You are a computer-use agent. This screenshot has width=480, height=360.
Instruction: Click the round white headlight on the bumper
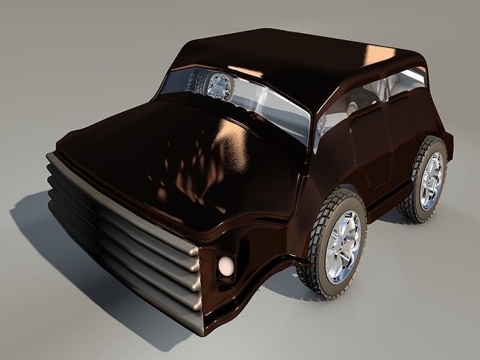click(x=226, y=268)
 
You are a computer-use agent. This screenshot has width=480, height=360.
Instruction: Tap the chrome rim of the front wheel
click(x=343, y=247)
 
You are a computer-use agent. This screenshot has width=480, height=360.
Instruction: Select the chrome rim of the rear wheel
click(x=432, y=180)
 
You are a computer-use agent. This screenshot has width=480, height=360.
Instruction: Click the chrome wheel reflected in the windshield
click(x=219, y=86)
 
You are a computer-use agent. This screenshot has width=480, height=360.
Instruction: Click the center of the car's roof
click(x=302, y=61)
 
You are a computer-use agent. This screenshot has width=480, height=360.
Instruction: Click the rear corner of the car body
click(x=448, y=140)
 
